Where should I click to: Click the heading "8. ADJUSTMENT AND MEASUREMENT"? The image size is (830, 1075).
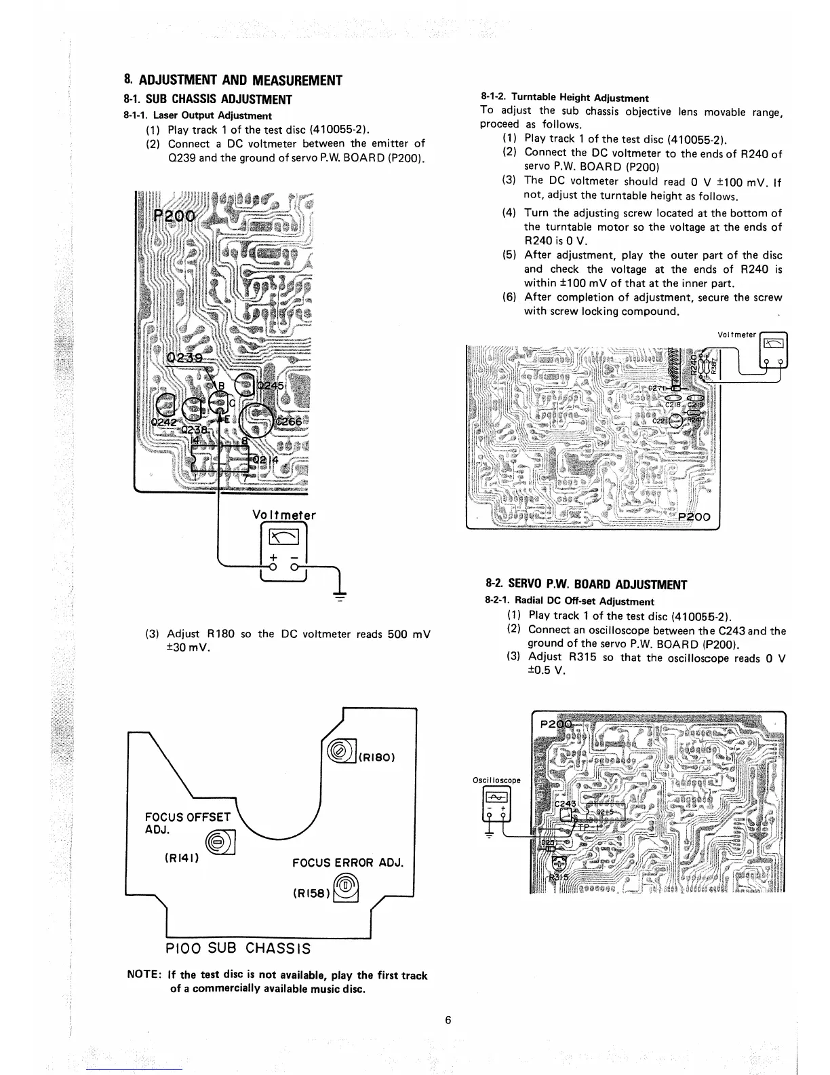coord(233,81)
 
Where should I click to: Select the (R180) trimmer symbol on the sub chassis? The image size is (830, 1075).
coord(337,751)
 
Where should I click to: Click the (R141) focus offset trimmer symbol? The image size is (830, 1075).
coord(219,842)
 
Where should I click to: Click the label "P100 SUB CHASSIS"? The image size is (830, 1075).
coord(238,947)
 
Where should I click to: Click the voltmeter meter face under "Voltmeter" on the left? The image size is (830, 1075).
coord(283,540)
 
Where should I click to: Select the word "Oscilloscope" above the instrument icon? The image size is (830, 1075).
coord(496,780)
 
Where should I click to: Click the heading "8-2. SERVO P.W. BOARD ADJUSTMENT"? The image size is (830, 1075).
coord(587,585)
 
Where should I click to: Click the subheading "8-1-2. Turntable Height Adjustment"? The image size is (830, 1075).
coord(564,98)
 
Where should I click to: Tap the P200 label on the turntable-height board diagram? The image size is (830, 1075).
coord(695,516)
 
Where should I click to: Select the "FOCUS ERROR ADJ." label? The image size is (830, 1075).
coord(347,863)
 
